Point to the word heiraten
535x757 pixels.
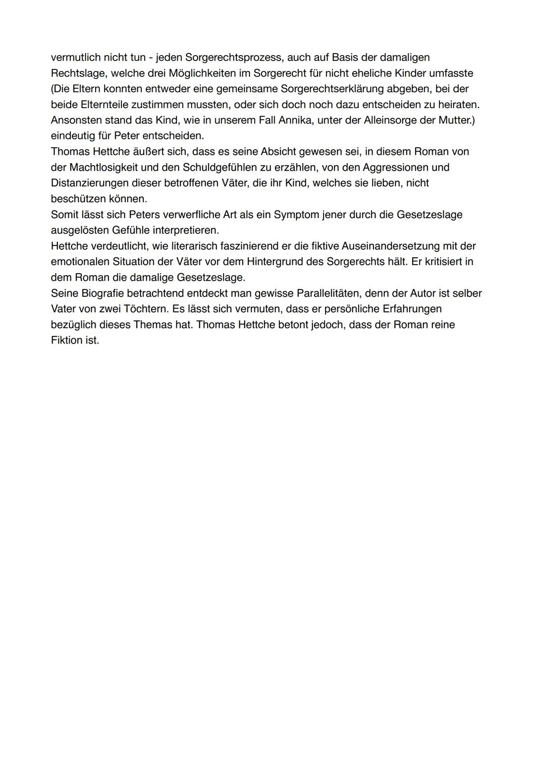[457, 105]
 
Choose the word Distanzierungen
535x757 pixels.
[90, 183]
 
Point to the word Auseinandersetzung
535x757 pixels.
[391, 246]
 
